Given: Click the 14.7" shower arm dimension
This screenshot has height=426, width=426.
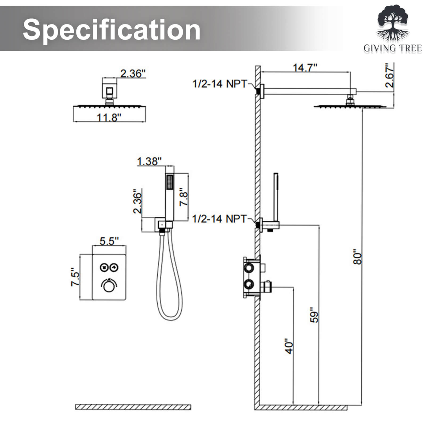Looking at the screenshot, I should (x=305, y=68).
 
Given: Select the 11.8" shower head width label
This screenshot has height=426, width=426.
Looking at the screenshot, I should (x=109, y=117).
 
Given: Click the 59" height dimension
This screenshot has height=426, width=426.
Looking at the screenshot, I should (x=314, y=315).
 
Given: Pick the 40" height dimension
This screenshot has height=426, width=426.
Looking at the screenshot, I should (x=289, y=346).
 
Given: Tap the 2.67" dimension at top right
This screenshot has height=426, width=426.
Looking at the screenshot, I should (x=390, y=75).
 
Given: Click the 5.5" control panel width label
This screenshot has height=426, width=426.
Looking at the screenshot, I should (x=109, y=241).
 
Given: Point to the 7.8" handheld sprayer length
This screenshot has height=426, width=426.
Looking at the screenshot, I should (x=184, y=197).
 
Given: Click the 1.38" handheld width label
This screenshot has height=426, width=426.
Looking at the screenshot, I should (x=149, y=161).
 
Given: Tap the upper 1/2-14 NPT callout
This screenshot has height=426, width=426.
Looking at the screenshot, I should (x=220, y=84).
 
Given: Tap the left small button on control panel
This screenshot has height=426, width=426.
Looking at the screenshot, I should (x=104, y=267).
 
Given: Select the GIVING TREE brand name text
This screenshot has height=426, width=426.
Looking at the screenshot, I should (x=393, y=48).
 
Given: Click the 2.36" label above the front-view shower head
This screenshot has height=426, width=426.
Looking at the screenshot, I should (x=133, y=73).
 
